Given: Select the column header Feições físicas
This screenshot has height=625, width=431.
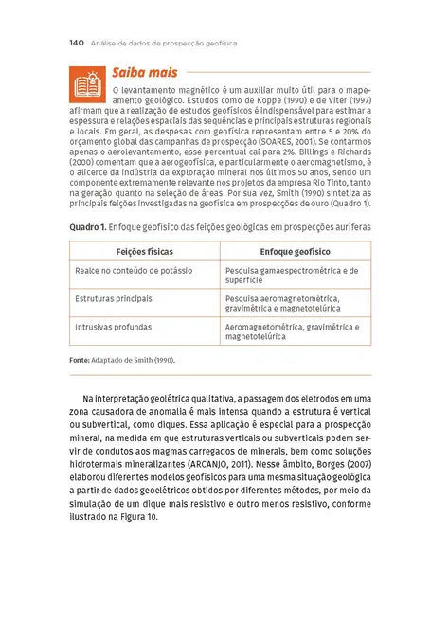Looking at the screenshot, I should click(144, 252).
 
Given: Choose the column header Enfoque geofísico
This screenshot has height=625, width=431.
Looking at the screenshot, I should click(295, 252).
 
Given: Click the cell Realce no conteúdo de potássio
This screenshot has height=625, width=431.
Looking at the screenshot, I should click(134, 271).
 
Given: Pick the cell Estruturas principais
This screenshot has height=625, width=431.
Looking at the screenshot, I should click(114, 298).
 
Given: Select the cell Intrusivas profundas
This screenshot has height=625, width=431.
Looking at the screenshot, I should click(113, 327).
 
